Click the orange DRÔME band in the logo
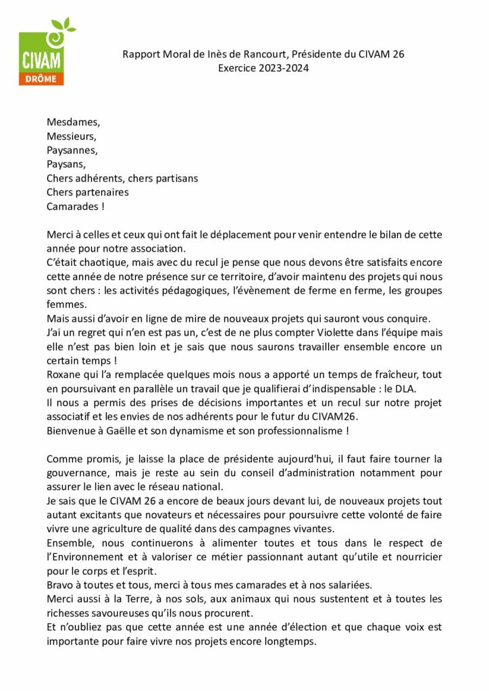tap(42, 79)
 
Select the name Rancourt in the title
tap(266, 54)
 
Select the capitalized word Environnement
tap(91, 557)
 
